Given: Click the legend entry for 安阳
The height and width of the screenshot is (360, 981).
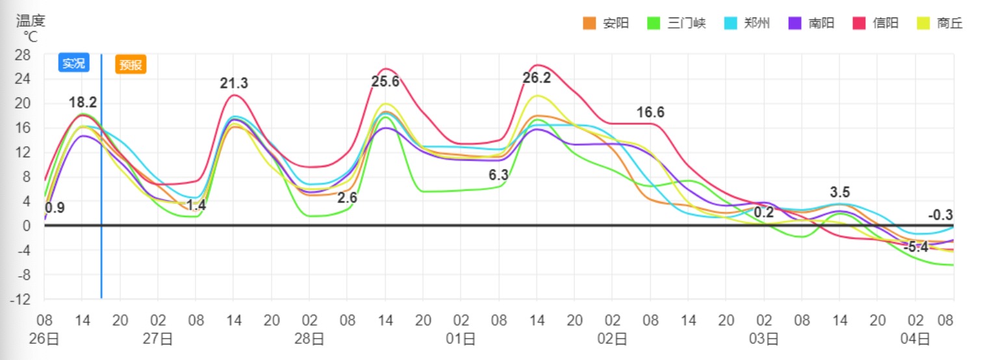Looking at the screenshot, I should (606, 23).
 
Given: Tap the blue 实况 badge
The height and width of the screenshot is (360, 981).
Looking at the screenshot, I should (73, 63).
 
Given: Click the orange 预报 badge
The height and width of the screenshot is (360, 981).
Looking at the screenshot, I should (131, 64).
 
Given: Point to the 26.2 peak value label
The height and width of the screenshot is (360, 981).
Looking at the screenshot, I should (537, 78).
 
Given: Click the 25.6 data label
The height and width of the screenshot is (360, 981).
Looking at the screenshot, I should (385, 82).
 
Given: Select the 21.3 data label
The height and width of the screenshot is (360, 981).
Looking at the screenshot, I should (234, 83).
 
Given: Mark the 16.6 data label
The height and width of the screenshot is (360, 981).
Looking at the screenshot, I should (650, 112).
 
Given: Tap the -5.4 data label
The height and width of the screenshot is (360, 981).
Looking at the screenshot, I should (916, 247).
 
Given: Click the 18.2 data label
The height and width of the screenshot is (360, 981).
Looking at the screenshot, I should (83, 102).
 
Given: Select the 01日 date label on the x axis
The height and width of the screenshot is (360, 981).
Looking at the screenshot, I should (461, 339).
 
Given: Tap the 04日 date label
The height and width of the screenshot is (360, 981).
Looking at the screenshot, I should (915, 339).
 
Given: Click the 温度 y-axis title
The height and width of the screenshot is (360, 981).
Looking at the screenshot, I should (31, 21).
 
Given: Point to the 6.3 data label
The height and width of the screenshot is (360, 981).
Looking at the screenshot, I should (498, 175).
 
